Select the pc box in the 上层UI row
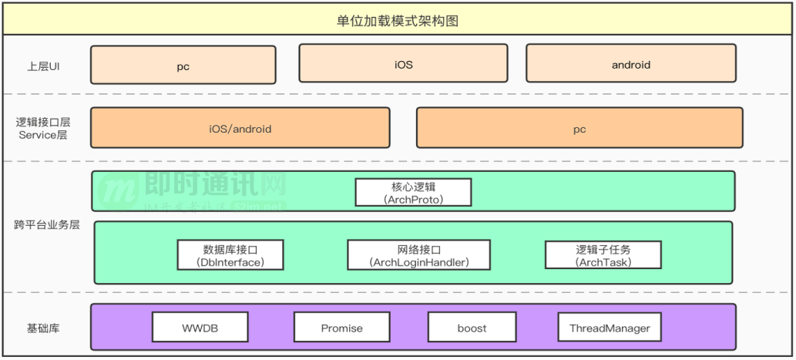(x=183, y=66)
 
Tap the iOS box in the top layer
(x=403, y=64)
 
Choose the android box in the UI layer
(x=630, y=64)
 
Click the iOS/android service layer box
(x=240, y=128)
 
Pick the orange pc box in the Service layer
(x=579, y=128)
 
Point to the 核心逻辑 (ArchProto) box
(x=413, y=192)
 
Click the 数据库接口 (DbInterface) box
(x=230, y=255)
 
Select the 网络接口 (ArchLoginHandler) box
(x=418, y=255)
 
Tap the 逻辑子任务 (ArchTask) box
(x=603, y=255)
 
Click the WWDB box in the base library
(x=200, y=328)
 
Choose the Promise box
(x=341, y=328)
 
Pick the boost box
(x=472, y=328)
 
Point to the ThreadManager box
(x=610, y=328)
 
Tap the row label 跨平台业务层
(x=46, y=225)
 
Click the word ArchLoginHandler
(x=419, y=262)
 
